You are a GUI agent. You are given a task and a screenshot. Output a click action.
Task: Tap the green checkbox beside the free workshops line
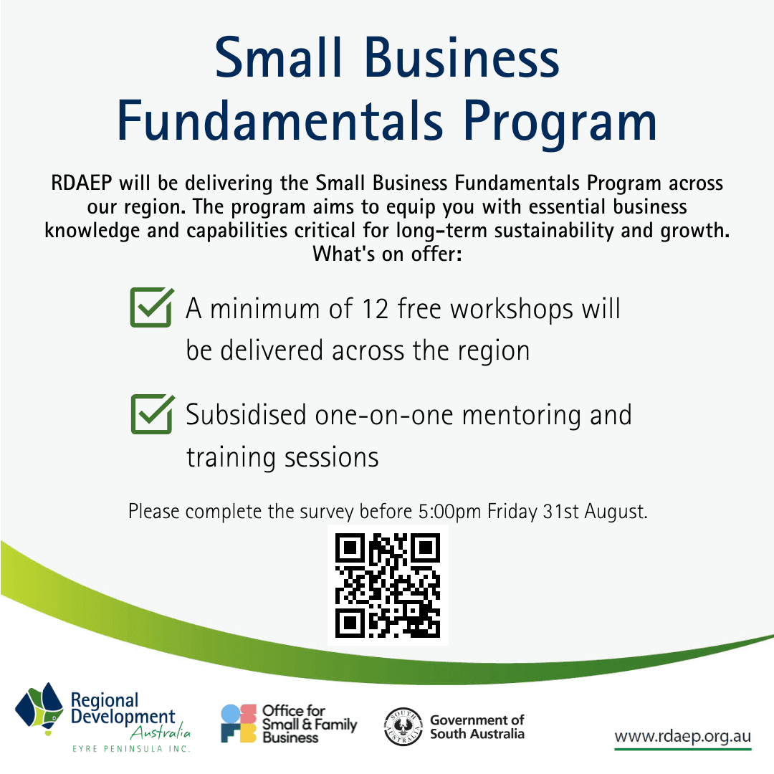click(x=151, y=307)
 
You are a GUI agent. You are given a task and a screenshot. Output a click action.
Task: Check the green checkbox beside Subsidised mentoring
click(x=151, y=414)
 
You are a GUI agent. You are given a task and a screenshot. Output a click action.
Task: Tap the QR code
click(x=388, y=585)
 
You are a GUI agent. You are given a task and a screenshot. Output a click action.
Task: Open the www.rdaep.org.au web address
click(x=682, y=737)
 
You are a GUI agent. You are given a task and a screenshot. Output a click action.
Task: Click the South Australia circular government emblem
click(x=403, y=727)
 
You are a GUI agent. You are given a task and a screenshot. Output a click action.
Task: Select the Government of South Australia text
click(x=477, y=727)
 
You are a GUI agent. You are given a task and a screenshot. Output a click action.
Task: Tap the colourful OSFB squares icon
click(x=238, y=724)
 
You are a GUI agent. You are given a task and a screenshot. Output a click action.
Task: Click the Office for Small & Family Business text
click(x=309, y=724)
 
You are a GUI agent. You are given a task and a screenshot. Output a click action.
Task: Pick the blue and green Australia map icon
click(x=41, y=709)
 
